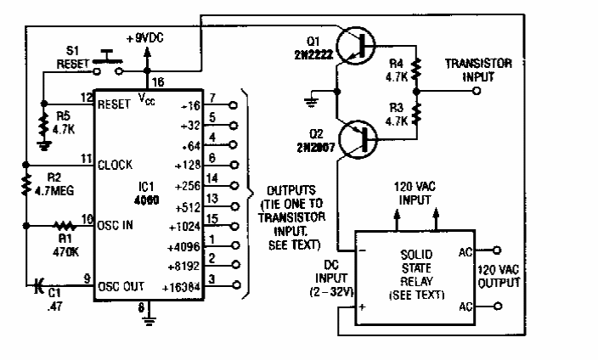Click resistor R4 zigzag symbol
pos(417,68)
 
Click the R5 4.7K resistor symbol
pos(42,127)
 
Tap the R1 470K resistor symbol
pos(62,227)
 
